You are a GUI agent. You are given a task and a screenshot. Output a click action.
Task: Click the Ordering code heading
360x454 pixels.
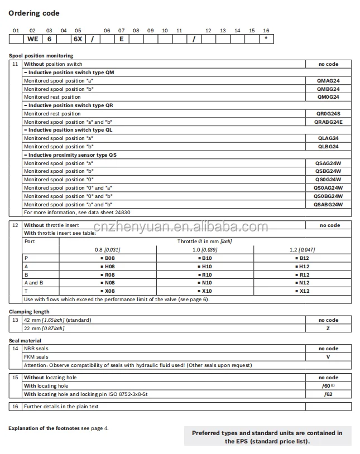[34, 13]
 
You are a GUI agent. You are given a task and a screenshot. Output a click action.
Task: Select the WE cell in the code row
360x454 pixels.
[32, 39]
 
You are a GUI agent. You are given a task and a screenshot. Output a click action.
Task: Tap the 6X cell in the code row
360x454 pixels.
[78, 39]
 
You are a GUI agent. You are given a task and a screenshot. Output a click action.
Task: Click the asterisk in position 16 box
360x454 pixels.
[266, 39]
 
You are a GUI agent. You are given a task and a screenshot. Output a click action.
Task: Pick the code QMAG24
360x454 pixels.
[328, 81]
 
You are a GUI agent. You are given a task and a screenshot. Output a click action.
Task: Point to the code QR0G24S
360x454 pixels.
[328, 114]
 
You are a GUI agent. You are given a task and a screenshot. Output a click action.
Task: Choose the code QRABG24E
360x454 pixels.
[328, 122]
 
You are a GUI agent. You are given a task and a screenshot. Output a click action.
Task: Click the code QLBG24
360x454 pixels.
[328, 147]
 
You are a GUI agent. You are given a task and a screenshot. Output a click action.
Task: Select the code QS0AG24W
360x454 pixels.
[328, 188]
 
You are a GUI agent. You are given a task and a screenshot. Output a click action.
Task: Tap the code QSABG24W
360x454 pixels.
[328, 205]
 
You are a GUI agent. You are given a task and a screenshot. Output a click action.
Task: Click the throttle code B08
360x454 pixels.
[109, 258]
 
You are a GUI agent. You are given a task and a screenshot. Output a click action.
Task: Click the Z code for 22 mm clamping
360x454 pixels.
[329, 329]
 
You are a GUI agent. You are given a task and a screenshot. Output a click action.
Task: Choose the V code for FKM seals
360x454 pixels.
[329, 357]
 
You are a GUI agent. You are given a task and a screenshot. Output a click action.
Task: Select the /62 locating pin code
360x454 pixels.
[329, 394]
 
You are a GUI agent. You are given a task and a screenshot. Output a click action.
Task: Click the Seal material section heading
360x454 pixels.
[25, 340]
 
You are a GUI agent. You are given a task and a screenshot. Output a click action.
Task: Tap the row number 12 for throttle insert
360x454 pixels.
[16, 225]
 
